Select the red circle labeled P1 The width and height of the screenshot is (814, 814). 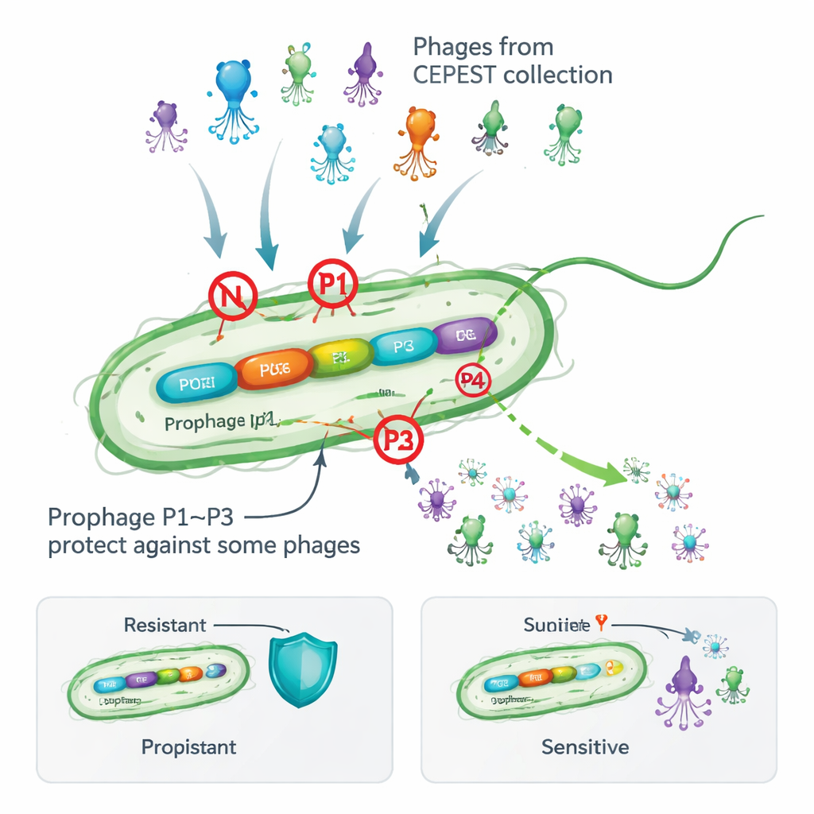coord(333,282)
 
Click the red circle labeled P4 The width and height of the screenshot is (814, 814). coord(473,381)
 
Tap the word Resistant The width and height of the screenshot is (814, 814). coord(165,626)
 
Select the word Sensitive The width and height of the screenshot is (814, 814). coord(584,747)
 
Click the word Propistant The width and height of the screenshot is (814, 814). coord(188,747)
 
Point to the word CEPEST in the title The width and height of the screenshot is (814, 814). coord(459,76)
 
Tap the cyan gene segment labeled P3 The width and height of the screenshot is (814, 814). coord(403,347)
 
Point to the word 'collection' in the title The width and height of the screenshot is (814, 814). coord(561,76)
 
